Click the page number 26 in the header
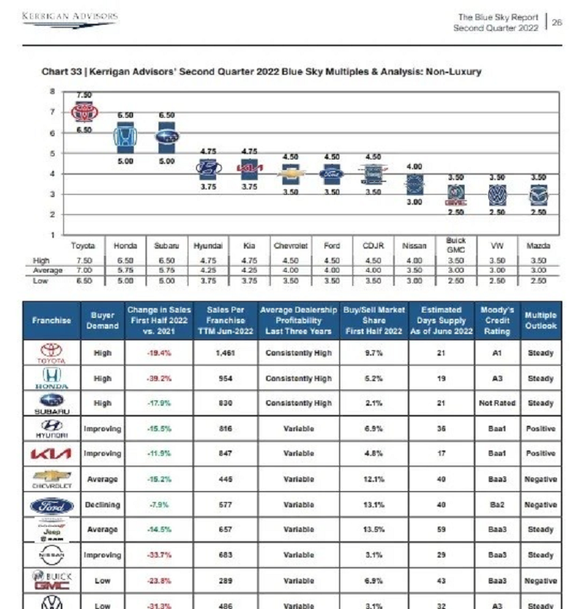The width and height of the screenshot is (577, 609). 558,22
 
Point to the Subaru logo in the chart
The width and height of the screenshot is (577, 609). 166,138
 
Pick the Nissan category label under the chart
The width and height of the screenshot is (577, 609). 414,246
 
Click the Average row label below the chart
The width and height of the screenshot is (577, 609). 48,271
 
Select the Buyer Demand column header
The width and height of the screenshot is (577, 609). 102,320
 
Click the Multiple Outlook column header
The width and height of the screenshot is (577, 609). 540,320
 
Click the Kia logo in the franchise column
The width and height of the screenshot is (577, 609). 52,454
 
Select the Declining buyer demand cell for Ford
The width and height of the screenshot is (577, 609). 102,505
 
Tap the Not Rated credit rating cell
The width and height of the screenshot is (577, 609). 497,403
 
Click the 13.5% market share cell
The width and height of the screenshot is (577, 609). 374,530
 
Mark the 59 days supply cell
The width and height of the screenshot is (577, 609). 442,530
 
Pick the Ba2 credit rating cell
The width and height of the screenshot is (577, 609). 497,505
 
